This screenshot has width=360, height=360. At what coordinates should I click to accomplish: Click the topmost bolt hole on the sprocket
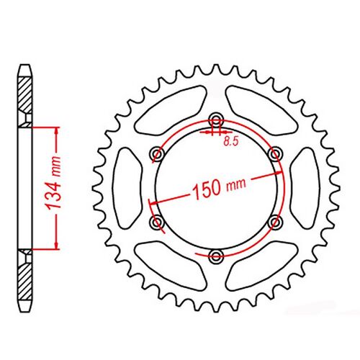(x=215, y=120)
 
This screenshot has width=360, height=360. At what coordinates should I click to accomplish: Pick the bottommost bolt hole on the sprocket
(x=215, y=256)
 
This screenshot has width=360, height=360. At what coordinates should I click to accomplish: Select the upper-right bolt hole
(x=274, y=153)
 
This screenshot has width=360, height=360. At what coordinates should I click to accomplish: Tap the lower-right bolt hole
(x=274, y=222)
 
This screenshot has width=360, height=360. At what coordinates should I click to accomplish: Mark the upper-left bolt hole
(x=156, y=153)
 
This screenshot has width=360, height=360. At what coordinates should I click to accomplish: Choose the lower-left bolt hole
(x=156, y=222)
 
